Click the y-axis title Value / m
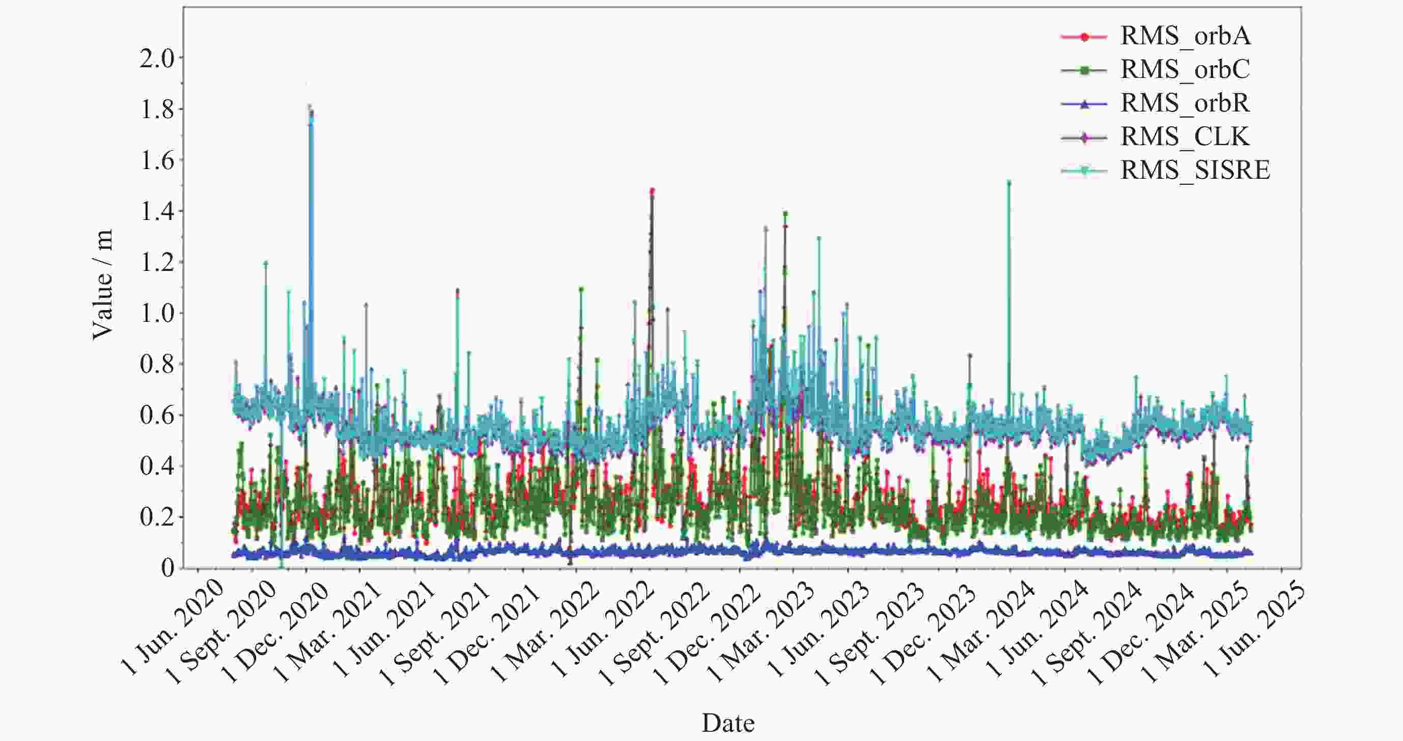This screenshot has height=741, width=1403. coord(102,284)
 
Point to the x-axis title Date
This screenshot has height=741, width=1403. coord(728,723)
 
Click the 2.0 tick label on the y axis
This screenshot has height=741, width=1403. coord(157,58)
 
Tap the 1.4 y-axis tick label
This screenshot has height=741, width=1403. coord(157,211)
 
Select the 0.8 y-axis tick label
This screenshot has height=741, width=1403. coord(157,365)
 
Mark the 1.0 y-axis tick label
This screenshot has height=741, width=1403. coord(157,313)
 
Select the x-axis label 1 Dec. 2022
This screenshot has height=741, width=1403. coord(709,632)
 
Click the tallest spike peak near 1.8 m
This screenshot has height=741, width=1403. coord(310,106)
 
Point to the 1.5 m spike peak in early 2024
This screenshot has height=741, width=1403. coord(1008,182)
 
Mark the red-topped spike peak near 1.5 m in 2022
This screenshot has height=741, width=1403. coord(652,190)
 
